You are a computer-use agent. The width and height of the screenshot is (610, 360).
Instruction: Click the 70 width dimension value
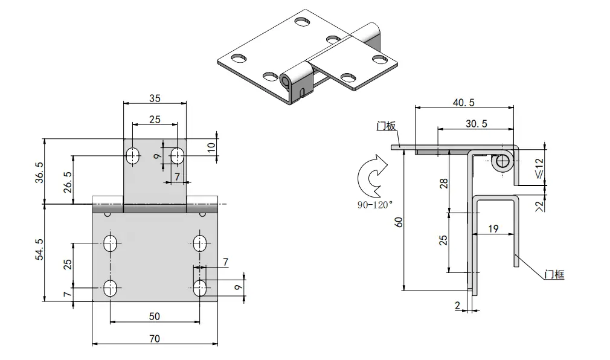(155, 339)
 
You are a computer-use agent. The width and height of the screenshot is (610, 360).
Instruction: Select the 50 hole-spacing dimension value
(155, 316)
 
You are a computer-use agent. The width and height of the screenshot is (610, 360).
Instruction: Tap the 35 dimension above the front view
(155, 98)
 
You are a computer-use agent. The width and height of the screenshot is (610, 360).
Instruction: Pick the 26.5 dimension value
(67, 182)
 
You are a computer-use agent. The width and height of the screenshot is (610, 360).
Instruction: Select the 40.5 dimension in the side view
(464, 103)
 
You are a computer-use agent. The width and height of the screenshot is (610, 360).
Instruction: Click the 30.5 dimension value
(477, 124)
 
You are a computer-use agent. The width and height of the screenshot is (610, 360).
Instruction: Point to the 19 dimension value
(493, 228)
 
